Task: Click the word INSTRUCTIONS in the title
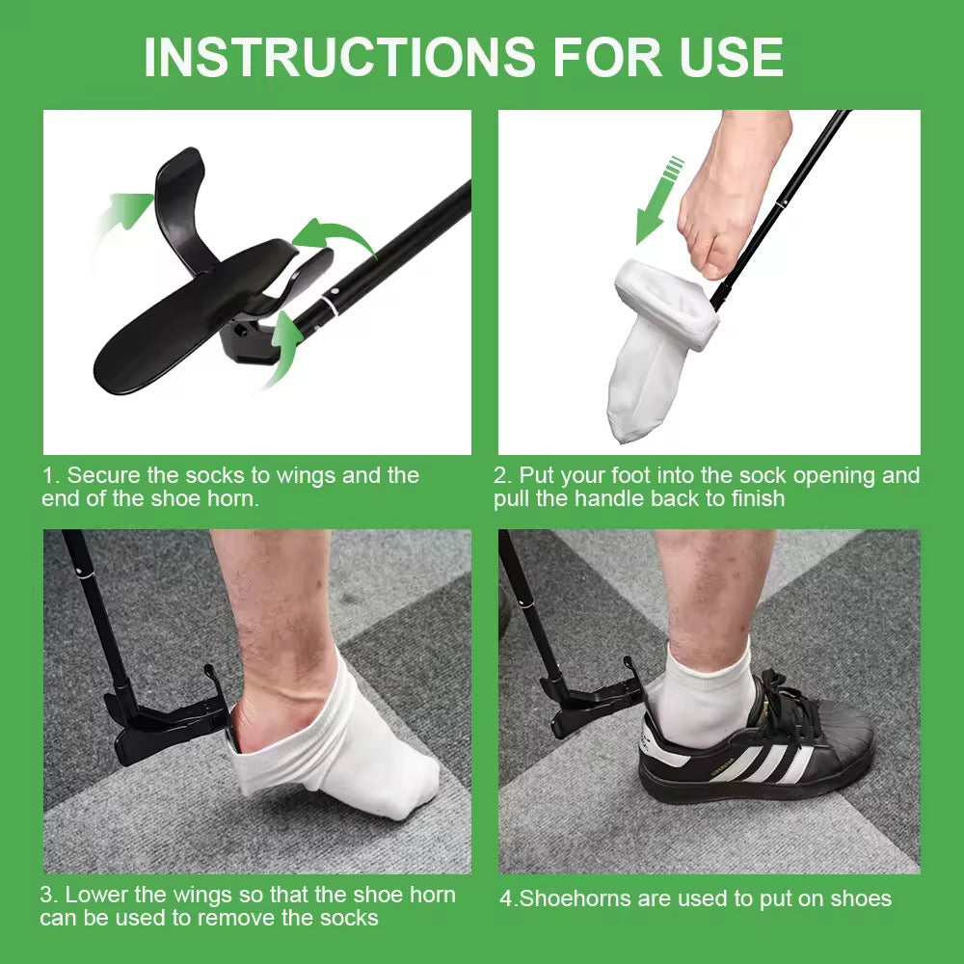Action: (x=339, y=57)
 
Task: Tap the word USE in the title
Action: (x=732, y=57)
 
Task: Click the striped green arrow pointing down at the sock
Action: (x=656, y=200)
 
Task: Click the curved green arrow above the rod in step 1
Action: (x=334, y=237)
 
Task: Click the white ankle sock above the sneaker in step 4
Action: (x=704, y=700)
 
